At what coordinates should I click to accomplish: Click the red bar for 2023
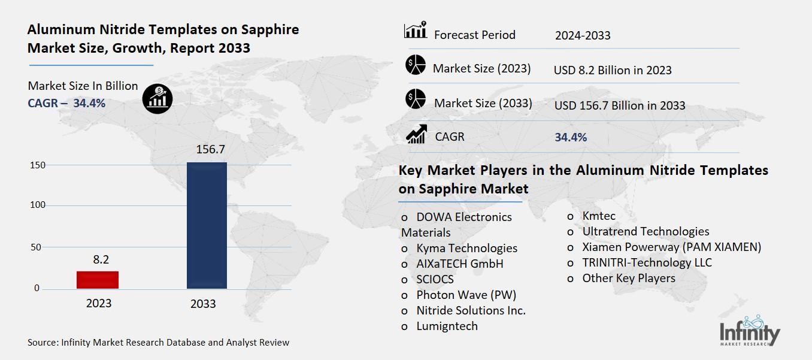pos(98,280)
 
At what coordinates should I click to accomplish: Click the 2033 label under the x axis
pos(203,304)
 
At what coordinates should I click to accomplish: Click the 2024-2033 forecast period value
pos(583,35)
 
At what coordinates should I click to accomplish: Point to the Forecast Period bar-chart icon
pos(416,31)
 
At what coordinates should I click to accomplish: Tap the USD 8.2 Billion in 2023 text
pos(613,70)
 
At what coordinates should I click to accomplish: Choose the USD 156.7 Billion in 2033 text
pos(620,105)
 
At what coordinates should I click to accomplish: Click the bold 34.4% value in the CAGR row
pos(571,137)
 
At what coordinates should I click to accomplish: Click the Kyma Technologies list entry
pos(466,248)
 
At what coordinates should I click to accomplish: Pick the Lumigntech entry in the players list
pos(447,326)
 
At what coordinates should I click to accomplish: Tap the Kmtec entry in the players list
pos(598,216)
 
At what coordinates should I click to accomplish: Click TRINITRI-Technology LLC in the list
pos(647,262)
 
